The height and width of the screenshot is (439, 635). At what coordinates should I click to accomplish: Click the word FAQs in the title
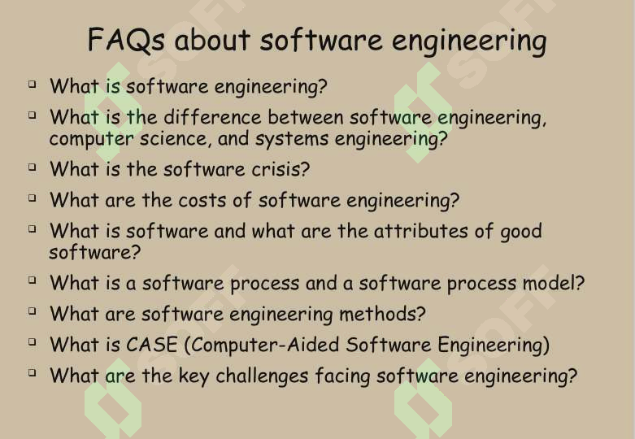[x=126, y=40]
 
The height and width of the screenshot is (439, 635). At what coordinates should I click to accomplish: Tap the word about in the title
[x=212, y=40]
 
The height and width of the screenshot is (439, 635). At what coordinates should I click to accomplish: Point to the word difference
[x=212, y=117]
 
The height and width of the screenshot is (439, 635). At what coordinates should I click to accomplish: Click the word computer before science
[x=91, y=139]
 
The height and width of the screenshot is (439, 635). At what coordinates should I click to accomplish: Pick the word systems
[x=292, y=139]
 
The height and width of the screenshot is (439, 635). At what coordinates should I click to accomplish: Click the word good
[x=521, y=232]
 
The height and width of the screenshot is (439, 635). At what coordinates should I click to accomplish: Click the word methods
[x=382, y=314]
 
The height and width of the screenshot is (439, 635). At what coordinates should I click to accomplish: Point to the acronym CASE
[x=151, y=345]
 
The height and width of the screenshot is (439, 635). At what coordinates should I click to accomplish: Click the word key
[x=194, y=376]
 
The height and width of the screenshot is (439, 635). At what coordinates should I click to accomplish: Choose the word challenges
[x=262, y=376]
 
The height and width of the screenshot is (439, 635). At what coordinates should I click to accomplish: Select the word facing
[x=342, y=376]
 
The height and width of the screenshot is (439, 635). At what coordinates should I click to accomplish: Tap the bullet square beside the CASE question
[x=33, y=342]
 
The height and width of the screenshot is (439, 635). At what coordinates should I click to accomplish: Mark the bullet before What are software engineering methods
[x=33, y=311]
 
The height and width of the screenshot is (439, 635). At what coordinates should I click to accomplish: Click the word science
[x=176, y=139]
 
